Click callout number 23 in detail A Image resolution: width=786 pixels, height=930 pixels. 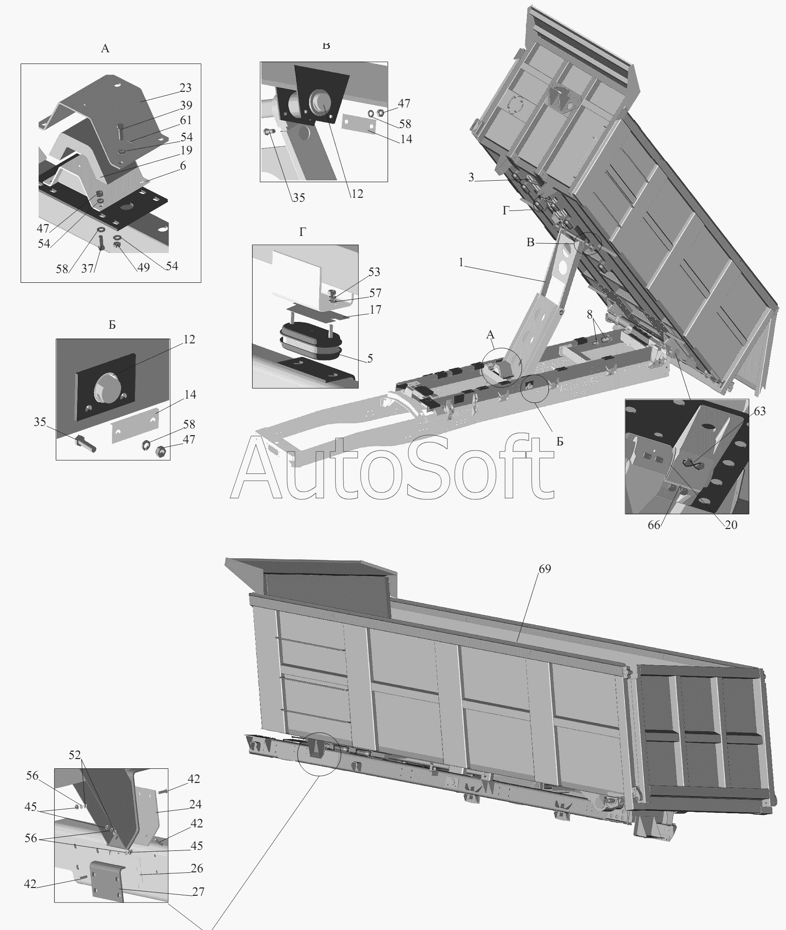(x=185, y=88)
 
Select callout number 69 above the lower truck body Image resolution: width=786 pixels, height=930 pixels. (x=545, y=569)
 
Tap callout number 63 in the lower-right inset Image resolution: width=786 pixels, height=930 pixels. (x=760, y=411)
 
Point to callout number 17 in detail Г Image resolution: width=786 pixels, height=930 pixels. (x=375, y=310)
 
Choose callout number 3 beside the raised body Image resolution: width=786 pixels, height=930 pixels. (x=471, y=177)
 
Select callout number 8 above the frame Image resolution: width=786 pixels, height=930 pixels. (x=590, y=314)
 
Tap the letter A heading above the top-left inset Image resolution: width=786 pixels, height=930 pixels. (x=105, y=48)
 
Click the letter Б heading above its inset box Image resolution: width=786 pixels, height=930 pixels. (x=112, y=325)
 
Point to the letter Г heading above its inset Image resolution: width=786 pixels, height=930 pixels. (x=303, y=232)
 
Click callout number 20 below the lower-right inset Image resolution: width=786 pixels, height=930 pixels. (x=731, y=525)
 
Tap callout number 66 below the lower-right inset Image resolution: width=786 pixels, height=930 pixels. (x=654, y=525)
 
